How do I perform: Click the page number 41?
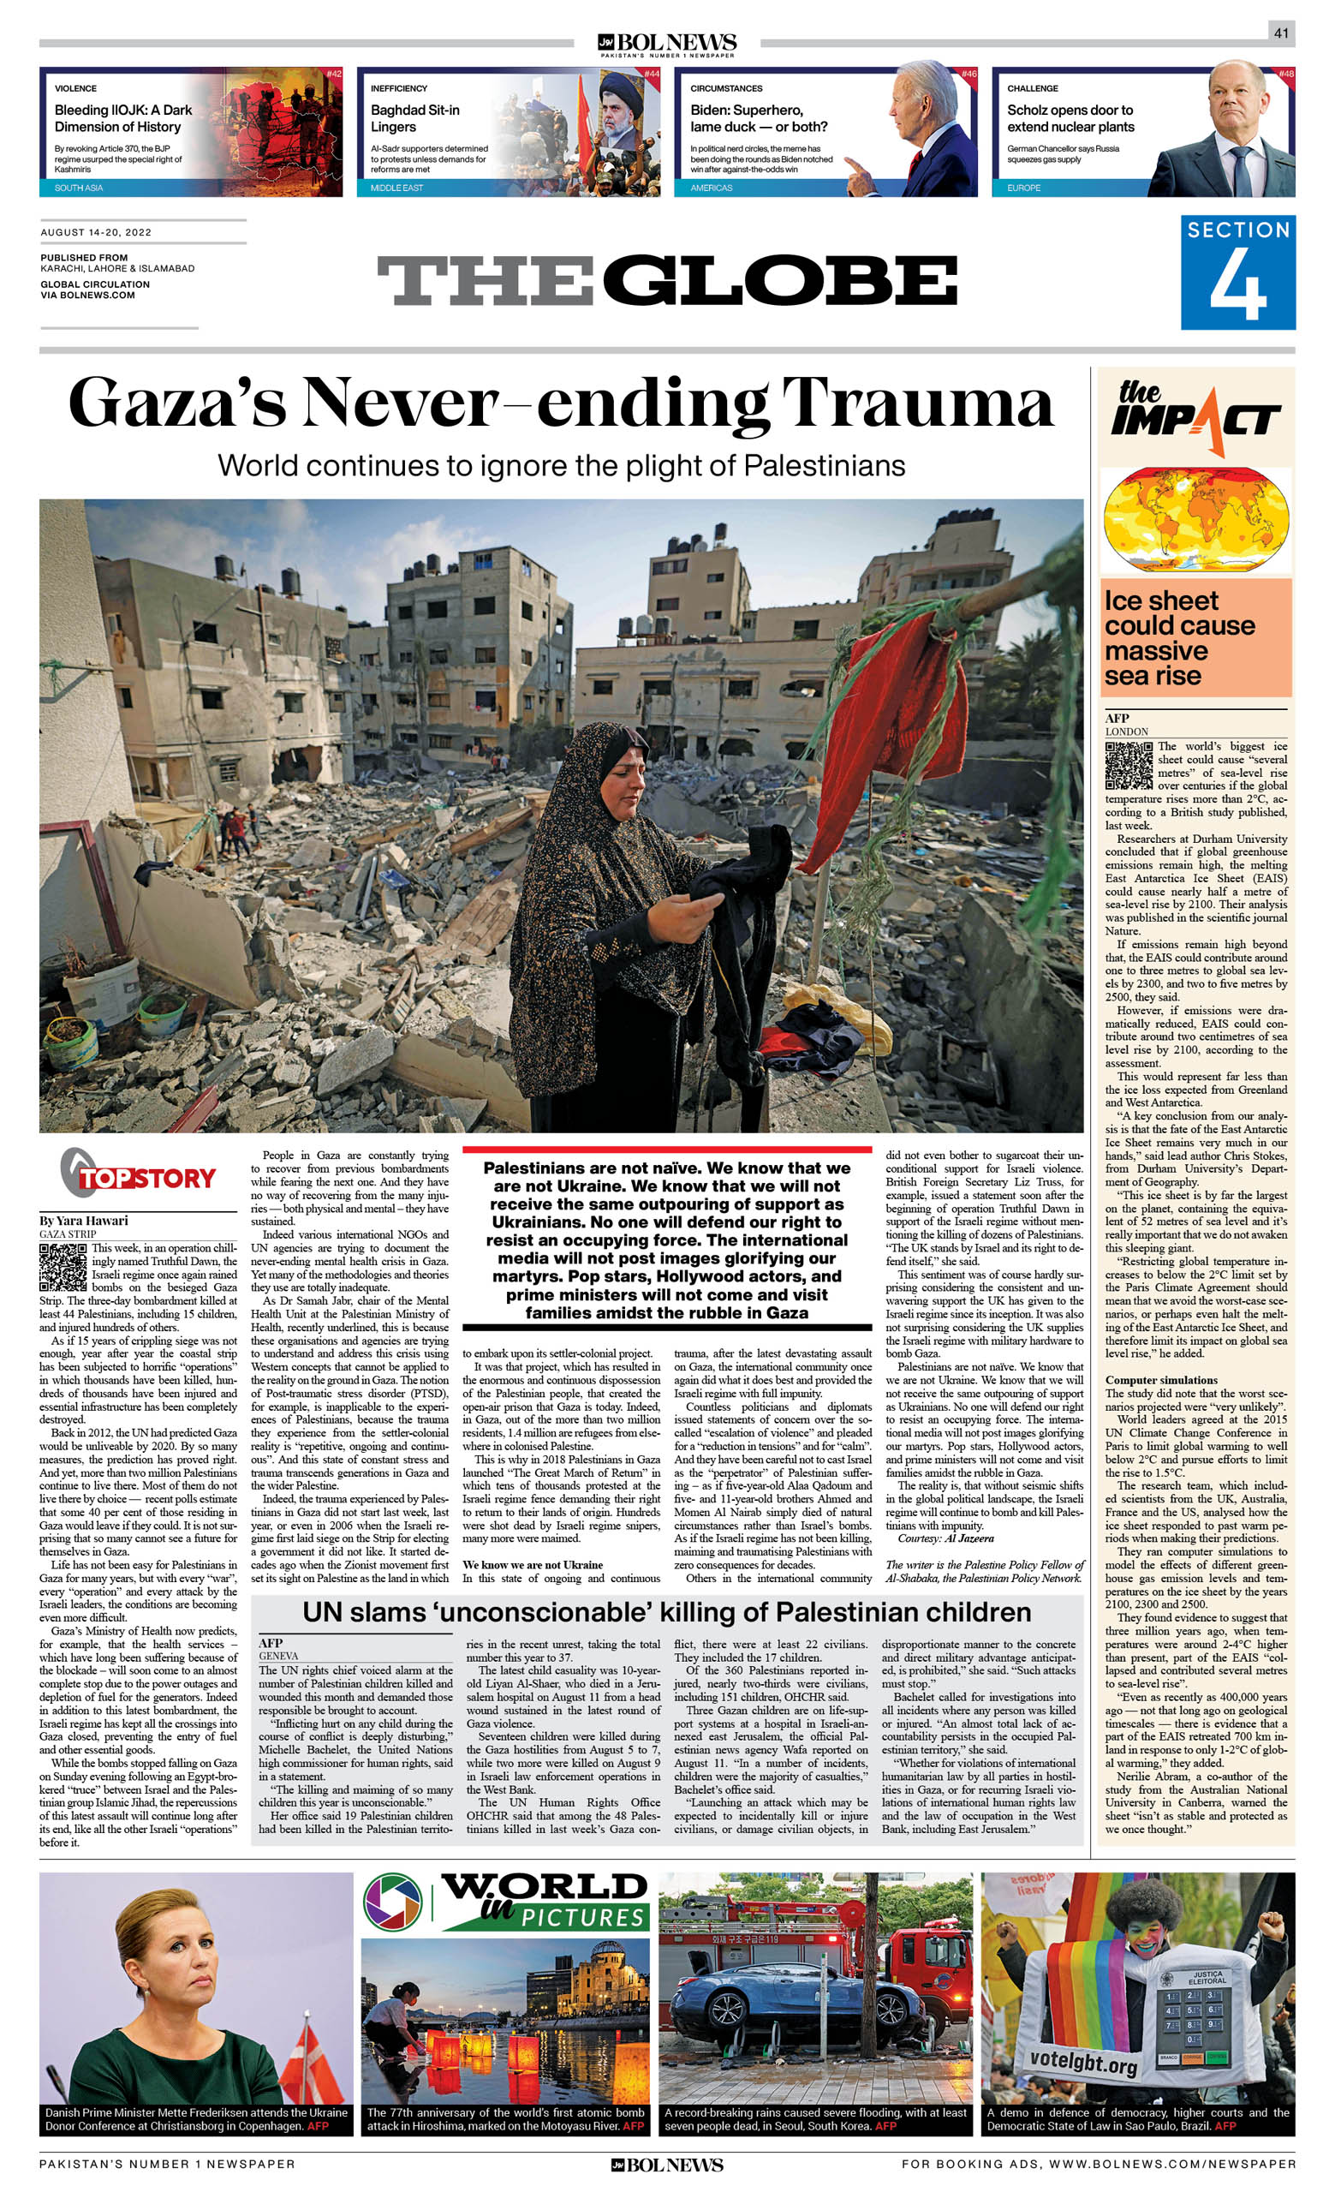point(1281,33)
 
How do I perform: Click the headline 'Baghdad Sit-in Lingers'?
point(415,118)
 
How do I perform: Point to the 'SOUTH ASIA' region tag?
point(78,188)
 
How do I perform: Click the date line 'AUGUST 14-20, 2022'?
point(96,232)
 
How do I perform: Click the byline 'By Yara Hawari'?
point(84,1220)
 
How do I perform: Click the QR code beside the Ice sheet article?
point(1128,765)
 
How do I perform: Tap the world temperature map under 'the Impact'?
point(1195,521)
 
